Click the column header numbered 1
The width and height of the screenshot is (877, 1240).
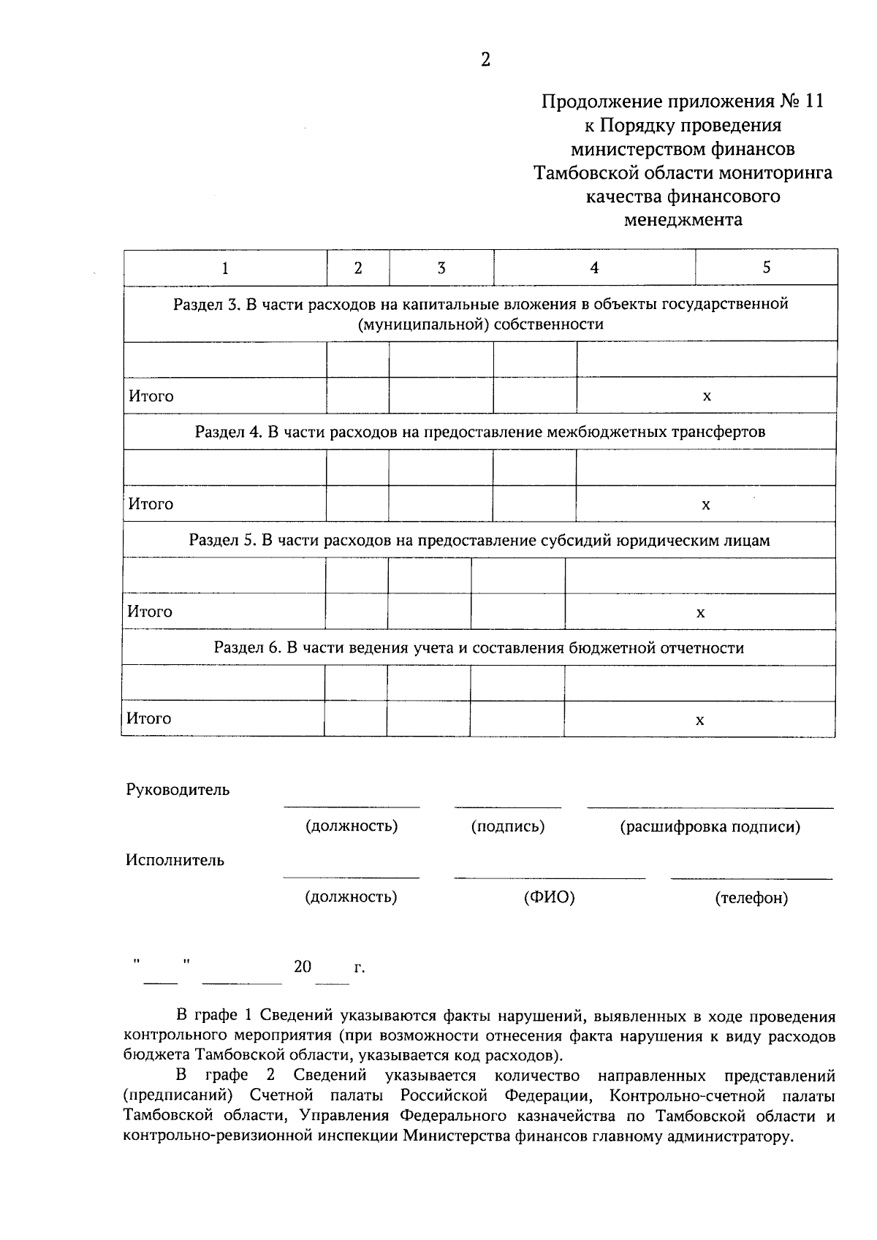pos(225,268)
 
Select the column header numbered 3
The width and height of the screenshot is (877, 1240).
pos(441,268)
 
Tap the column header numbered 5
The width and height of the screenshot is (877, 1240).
pos(767,267)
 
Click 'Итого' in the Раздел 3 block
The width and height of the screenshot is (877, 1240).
pos(151,396)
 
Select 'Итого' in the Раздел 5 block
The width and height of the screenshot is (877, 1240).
pos(150,612)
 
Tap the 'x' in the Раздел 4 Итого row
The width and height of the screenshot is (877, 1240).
pos(706,505)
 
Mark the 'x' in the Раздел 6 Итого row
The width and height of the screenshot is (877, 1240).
pos(699,720)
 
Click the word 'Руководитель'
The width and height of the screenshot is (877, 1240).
pos(178,790)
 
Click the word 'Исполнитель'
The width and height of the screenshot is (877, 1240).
pos(175,860)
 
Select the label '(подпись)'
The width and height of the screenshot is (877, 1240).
pos(508,826)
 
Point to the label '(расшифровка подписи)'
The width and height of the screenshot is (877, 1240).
pos(710,827)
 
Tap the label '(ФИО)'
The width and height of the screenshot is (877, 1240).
pos(550,897)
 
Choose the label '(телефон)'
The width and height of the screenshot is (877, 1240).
pos(751,898)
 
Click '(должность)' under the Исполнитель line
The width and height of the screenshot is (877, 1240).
pos(351,897)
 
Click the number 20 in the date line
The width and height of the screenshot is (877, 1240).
pos(303,967)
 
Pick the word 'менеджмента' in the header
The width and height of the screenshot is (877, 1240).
pos(683,220)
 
